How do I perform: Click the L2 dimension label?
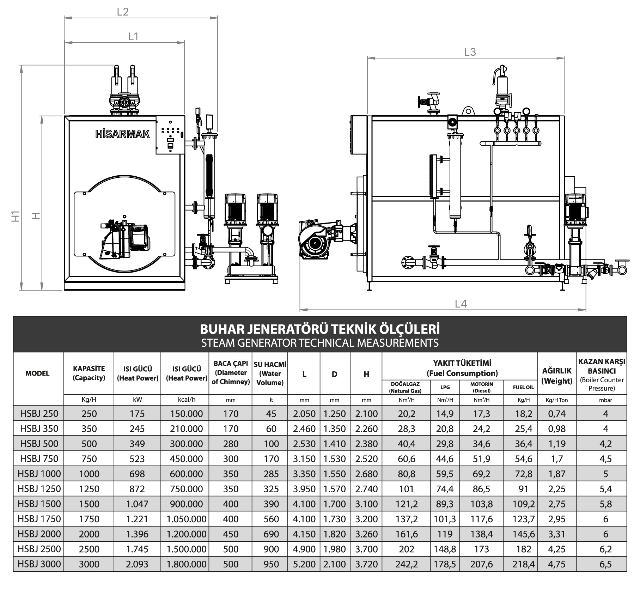tap(123, 12)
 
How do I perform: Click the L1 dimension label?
tap(133, 36)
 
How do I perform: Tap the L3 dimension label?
tap(470, 52)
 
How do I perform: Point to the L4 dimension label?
tap(461, 304)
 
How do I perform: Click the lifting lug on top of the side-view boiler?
tap(468, 111)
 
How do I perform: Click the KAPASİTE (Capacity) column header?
tap(89, 373)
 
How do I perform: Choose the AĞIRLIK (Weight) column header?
tap(557, 376)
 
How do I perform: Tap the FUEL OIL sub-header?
tap(523, 387)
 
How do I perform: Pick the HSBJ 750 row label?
tap(39, 458)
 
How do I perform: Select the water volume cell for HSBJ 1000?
tap(271, 474)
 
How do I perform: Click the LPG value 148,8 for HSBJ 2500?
tap(445, 549)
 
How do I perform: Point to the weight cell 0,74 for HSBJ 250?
tap(557, 413)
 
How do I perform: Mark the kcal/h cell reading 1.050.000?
tap(186, 519)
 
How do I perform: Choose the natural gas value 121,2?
tap(406, 504)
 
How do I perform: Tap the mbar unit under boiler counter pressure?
tap(605, 400)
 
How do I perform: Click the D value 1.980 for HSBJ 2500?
tap(334, 549)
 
